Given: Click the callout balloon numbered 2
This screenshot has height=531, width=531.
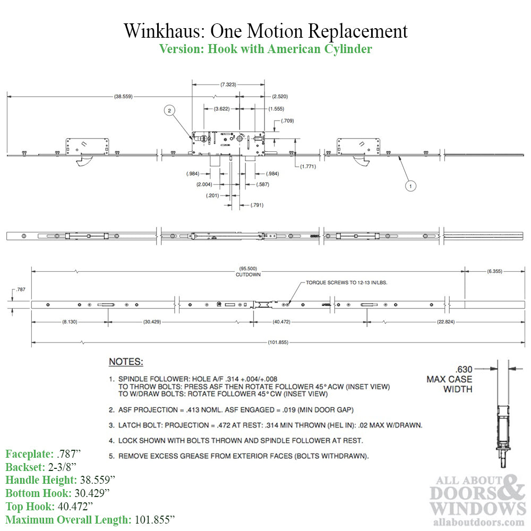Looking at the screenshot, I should tap(169, 110).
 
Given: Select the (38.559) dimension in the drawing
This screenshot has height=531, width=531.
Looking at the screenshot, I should tap(123, 97).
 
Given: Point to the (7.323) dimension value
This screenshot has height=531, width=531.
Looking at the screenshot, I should tap(228, 84).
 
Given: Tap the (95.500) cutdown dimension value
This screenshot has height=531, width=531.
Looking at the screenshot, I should tap(245, 269).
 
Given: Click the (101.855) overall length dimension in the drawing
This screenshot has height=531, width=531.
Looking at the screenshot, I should tap(278, 342).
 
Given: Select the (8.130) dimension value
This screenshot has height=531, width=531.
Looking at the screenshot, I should tap(70, 322).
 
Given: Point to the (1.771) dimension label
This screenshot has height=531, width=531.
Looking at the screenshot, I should tap(308, 167).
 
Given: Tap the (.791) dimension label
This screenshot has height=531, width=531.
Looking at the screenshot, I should tap(256, 205).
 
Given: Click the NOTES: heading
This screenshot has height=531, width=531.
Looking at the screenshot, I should tap(126, 362).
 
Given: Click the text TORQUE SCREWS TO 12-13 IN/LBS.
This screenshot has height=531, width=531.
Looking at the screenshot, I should tap(346, 283).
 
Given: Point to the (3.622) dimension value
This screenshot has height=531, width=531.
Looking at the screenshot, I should tap(221, 108).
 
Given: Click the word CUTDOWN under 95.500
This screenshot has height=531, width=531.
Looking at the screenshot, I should tap(245, 275).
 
